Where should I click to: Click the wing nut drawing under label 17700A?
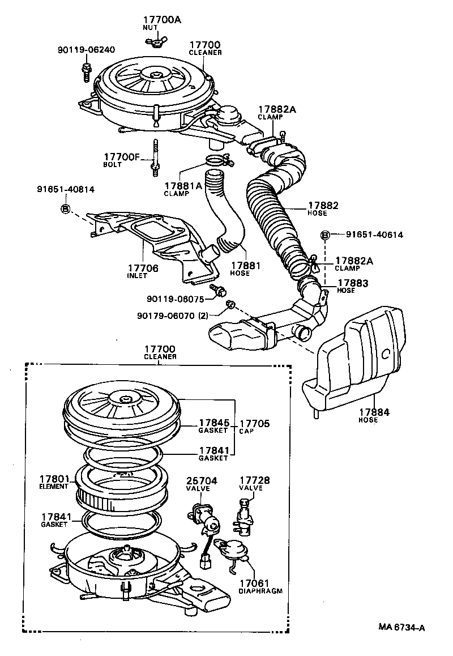(154, 40)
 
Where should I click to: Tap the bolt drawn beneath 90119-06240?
(87, 71)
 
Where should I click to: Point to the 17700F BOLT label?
(121, 159)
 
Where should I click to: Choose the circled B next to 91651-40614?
(326, 235)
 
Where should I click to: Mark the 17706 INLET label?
(142, 271)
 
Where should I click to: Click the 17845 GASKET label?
(213, 426)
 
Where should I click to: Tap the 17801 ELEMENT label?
(54, 482)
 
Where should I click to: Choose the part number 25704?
(202, 483)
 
